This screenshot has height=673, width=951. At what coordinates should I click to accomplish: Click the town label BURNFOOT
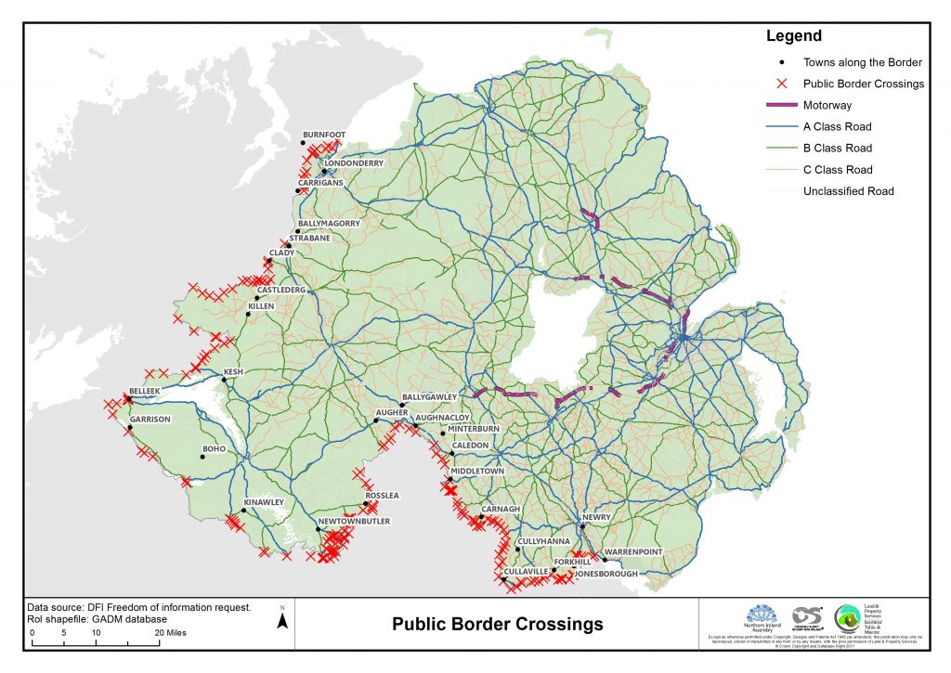click(324, 135)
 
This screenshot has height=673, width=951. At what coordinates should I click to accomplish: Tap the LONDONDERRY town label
click(355, 163)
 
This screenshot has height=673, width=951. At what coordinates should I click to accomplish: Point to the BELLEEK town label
click(145, 392)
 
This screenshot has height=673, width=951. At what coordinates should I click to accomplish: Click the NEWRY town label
click(594, 517)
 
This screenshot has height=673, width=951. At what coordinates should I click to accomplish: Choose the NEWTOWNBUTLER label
click(355, 522)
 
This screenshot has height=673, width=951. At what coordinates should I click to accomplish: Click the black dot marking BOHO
click(202, 457)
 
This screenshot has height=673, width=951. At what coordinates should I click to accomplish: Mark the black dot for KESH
click(224, 379)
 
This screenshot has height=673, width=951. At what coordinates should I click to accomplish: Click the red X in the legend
click(782, 84)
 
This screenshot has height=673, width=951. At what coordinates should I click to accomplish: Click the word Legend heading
click(793, 37)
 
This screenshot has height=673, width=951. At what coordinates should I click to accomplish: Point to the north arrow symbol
click(282, 618)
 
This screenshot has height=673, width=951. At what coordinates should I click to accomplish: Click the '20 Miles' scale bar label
click(170, 632)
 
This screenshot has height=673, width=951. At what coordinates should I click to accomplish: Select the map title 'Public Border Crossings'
click(497, 624)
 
